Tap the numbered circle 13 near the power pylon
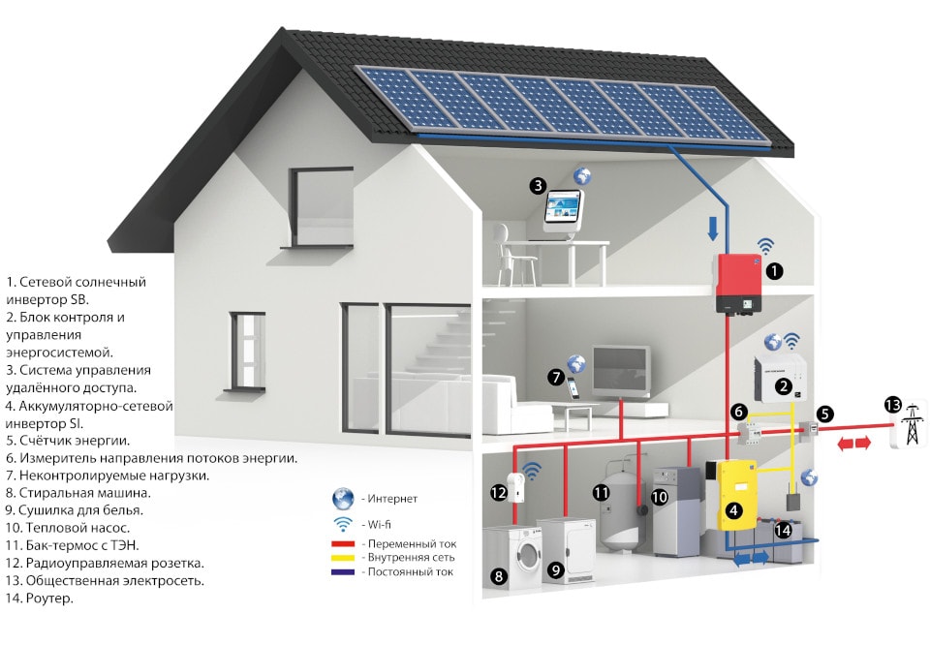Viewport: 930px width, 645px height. pyautogui.click(x=892, y=404)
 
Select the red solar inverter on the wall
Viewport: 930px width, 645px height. pyautogui.click(x=738, y=283)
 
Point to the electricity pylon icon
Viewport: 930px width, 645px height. pyautogui.click(x=911, y=425)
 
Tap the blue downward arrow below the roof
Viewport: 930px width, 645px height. pyautogui.click(x=713, y=229)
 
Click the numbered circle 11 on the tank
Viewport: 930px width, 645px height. pyautogui.click(x=601, y=492)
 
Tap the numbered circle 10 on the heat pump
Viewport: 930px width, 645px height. pyautogui.click(x=660, y=497)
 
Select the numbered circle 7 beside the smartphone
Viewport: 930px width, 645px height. pyautogui.click(x=556, y=378)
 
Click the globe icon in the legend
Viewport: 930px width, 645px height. pyautogui.click(x=342, y=499)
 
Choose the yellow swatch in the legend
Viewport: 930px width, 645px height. pyautogui.click(x=343, y=558)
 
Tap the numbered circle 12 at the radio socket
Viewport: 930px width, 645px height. pyautogui.click(x=498, y=492)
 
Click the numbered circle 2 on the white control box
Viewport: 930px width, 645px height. pyautogui.click(x=782, y=387)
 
